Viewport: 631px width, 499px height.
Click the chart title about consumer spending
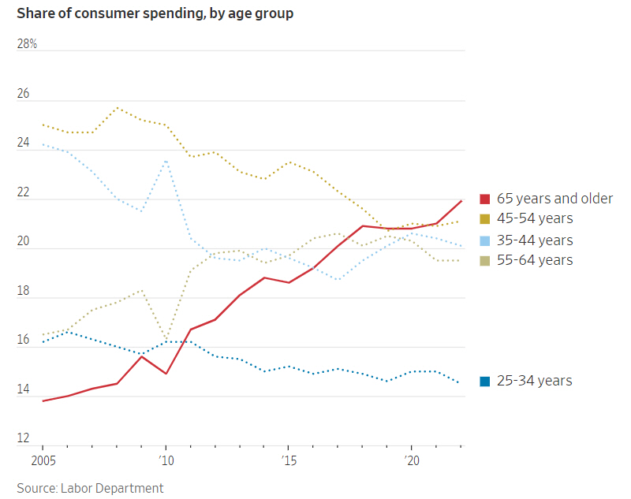[155, 14]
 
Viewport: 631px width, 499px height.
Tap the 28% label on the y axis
[27, 44]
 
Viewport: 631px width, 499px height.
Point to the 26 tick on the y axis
[23, 94]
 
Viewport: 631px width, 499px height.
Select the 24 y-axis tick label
[23, 143]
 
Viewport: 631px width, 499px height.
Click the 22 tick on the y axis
[23, 193]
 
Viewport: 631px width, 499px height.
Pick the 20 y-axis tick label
[23, 242]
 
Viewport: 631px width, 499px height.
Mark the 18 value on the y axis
[23, 292]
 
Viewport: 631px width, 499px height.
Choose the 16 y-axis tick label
[23, 341]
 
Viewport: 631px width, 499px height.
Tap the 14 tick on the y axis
[23, 390]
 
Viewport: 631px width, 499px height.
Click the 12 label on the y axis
[23, 439]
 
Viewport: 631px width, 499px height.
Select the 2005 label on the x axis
[43, 460]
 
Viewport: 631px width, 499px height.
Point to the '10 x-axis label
[166, 460]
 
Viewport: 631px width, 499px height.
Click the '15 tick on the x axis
[288, 460]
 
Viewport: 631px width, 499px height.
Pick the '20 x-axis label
[410, 460]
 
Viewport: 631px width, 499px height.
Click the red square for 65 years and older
[485, 199]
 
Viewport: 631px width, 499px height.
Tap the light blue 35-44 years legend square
[485, 240]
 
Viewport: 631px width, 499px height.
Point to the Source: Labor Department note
[90, 488]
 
